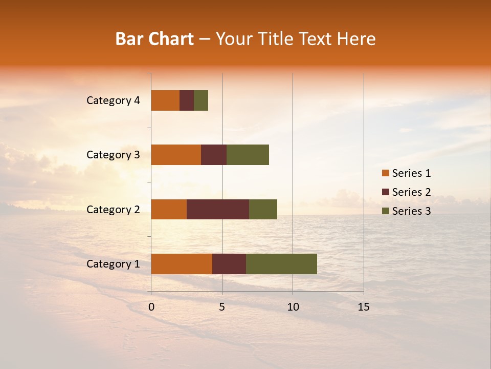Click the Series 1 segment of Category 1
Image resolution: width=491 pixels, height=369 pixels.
pyautogui.click(x=182, y=264)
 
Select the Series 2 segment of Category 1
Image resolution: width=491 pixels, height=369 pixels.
pyautogui.click(x=229, y=264)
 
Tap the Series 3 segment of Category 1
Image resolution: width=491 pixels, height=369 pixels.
pyautogui.click(x=281, y=264)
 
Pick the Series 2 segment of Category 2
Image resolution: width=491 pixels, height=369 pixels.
pyautogui.click(x=218, y=209)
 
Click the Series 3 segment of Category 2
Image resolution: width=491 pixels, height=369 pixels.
pyautogui.click(x=263, y=209)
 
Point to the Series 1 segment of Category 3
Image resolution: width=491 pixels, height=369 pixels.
pyautogui.click(x=176, y=155)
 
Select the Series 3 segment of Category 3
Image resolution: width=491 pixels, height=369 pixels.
pyautogui.click(x=248, y=155)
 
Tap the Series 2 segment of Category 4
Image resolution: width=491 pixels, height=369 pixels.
pyautogui.click(x=187, y=100)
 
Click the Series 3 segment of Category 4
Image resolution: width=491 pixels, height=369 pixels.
pyautogui.click(x=201, y=100)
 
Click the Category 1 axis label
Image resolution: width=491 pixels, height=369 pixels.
pyautogui.click(x=113, y=264)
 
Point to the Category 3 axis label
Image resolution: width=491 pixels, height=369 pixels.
pyautogui.click(x=113, y=155)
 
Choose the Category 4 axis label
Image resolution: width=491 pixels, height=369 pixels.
pyautogui.click(x=113, y=100)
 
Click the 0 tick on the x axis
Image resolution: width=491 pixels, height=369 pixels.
pyautogui.click(x=151, y=307)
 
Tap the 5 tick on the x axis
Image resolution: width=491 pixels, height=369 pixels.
pyautogui.click(x=222, y=307)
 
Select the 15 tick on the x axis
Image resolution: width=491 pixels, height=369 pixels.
pyautogui.click(x=364, y=307)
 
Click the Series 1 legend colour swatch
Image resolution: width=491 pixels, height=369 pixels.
pyautogui.click(x=385, y=173)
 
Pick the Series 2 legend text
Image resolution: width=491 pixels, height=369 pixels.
pyautogui.click(x=411, y=192)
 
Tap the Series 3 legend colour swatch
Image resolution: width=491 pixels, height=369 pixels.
pyautogui.click(x=385, y=211)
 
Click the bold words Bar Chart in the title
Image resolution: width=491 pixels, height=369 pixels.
pyautogui.click(x=154, y=39)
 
